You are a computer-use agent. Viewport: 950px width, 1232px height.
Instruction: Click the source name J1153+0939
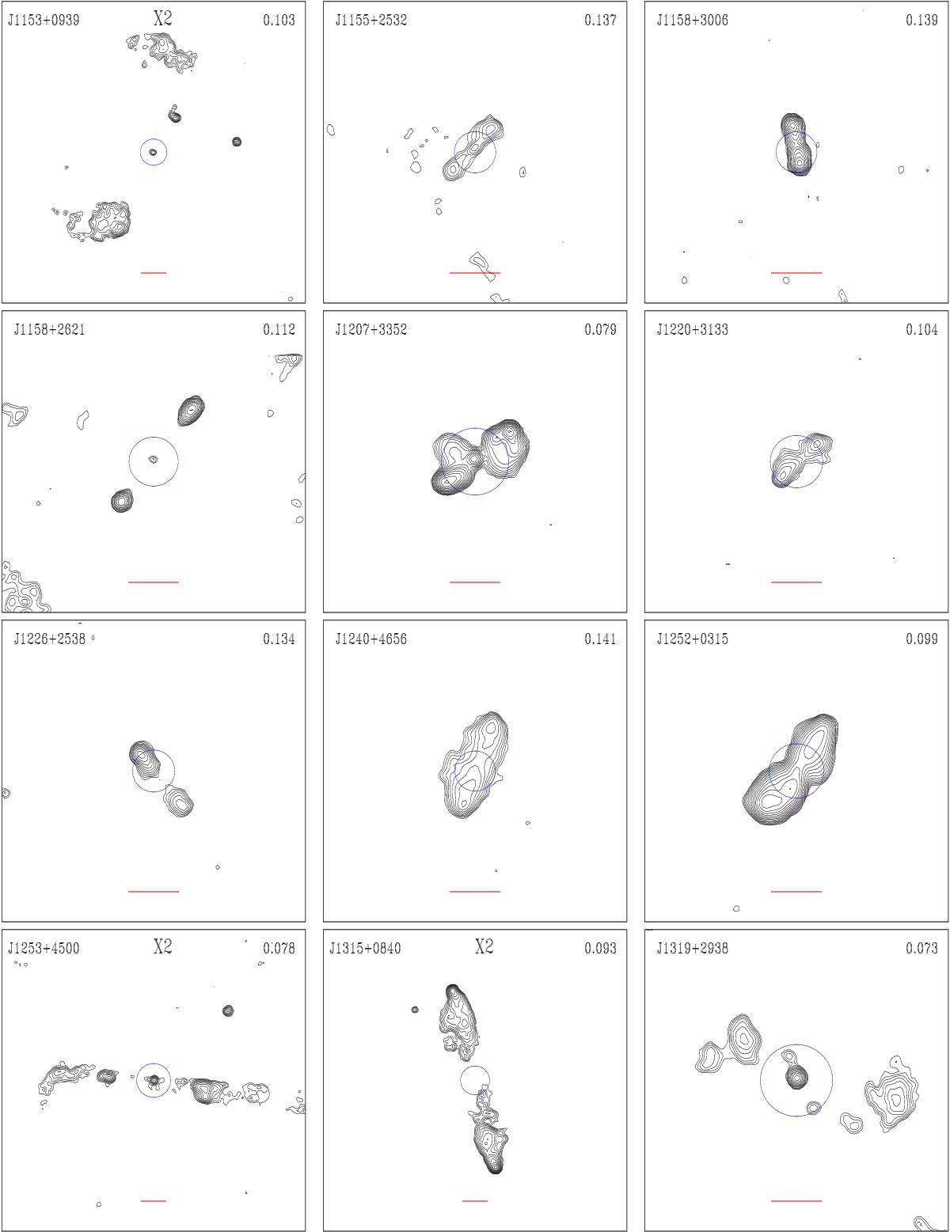pyautogui.click(x=44, y=21)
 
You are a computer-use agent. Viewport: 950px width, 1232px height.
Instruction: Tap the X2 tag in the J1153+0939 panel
pyautogui.click(x=163, y=19)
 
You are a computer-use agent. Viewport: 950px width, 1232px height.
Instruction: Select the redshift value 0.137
pyautogui.click(x=600, y=21)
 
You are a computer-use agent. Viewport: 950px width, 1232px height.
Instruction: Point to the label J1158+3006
pyautogui.click(x=692, y=21)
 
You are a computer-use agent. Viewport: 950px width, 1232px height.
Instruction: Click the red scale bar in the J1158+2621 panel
pyautogui.click(x=153, y=582)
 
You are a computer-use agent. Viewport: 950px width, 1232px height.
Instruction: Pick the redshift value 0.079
pyautogui.click(x=600, y=329)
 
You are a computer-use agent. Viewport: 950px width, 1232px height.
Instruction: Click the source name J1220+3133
pyautogui.click(x=692, y=329)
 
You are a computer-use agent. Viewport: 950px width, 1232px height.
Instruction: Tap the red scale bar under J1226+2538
pyautogui.click(x=153, y=891)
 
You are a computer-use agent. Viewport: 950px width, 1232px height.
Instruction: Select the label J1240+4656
pyautogui.click(x=371, y=639)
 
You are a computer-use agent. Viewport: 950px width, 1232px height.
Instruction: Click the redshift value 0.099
pyautogui.click(x=921, y=639)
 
